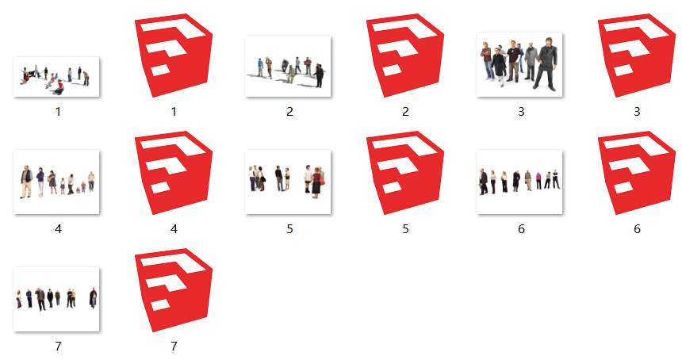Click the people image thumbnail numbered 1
click(56, 77)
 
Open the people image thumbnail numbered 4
click(56, 182)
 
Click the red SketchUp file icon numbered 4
click(174, 174)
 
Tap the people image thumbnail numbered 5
click(288, 182)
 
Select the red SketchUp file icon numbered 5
click(405, 174)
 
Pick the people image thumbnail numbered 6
click(519, 182)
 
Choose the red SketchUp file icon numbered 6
click(637, 174)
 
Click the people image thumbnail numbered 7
click(56, 299)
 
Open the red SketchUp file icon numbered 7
click(174, 292)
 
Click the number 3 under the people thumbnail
click(521, 112)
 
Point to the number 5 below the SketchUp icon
click(405, 229)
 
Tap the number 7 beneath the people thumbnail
click(58, 347)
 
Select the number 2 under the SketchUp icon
click(405, 112)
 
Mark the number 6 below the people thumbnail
click(521, 229)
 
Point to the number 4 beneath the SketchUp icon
click(174, 229)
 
